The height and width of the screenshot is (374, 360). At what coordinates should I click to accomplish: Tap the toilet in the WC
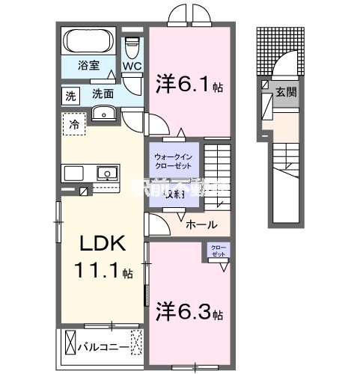tap(132, 49)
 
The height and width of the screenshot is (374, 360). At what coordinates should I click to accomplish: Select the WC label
tap(132, 66)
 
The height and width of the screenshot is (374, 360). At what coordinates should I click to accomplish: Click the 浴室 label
tap(88, 65)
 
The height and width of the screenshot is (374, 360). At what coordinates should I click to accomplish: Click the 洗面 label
tap(103, 95)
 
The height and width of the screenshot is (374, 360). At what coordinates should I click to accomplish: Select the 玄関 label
tap(287, 92)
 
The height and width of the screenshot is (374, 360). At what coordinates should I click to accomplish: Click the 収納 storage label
tap(174, 194)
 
